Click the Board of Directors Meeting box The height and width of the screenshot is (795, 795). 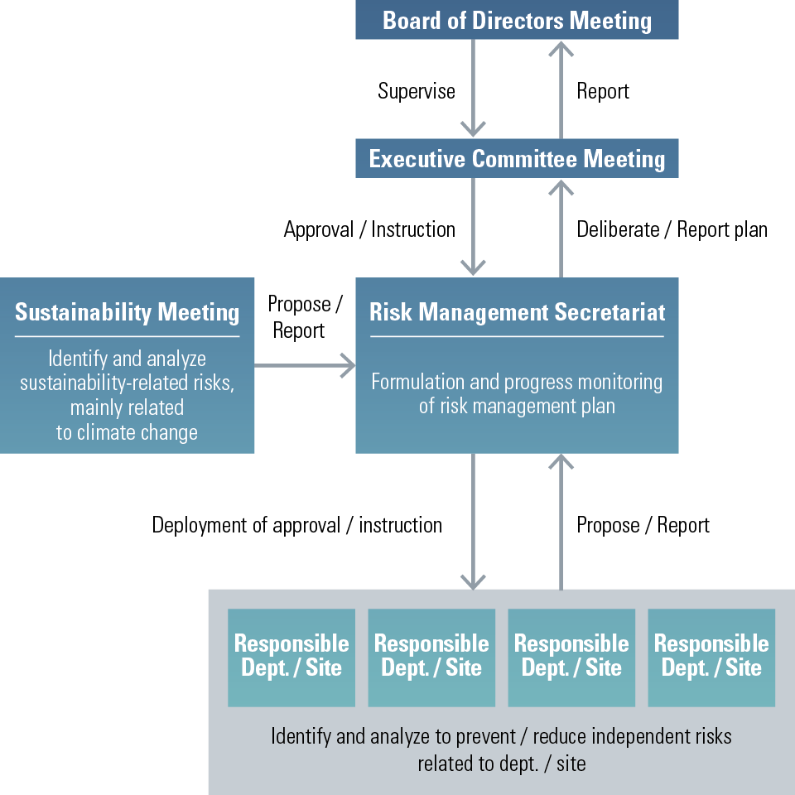pos(517,20)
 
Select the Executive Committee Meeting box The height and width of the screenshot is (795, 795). pos(517,158)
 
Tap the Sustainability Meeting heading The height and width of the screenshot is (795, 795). pos(127,312)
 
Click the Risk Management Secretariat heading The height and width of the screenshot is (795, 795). pos(517,312)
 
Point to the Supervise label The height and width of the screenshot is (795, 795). pos(417,91)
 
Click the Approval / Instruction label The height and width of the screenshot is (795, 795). pos(369,229)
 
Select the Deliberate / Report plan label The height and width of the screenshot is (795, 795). pos(672,229)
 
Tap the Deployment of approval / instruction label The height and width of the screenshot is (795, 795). pos(296,525)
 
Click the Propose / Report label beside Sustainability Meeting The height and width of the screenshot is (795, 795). pos(304,317)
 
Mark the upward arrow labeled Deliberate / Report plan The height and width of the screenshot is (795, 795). pos(561,228)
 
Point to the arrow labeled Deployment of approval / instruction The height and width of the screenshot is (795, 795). pos(473,522)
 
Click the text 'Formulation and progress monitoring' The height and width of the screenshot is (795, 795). pos(517,382)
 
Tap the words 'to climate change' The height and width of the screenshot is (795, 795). pos(127,432)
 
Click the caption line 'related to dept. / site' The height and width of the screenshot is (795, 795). pos(501,763)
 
